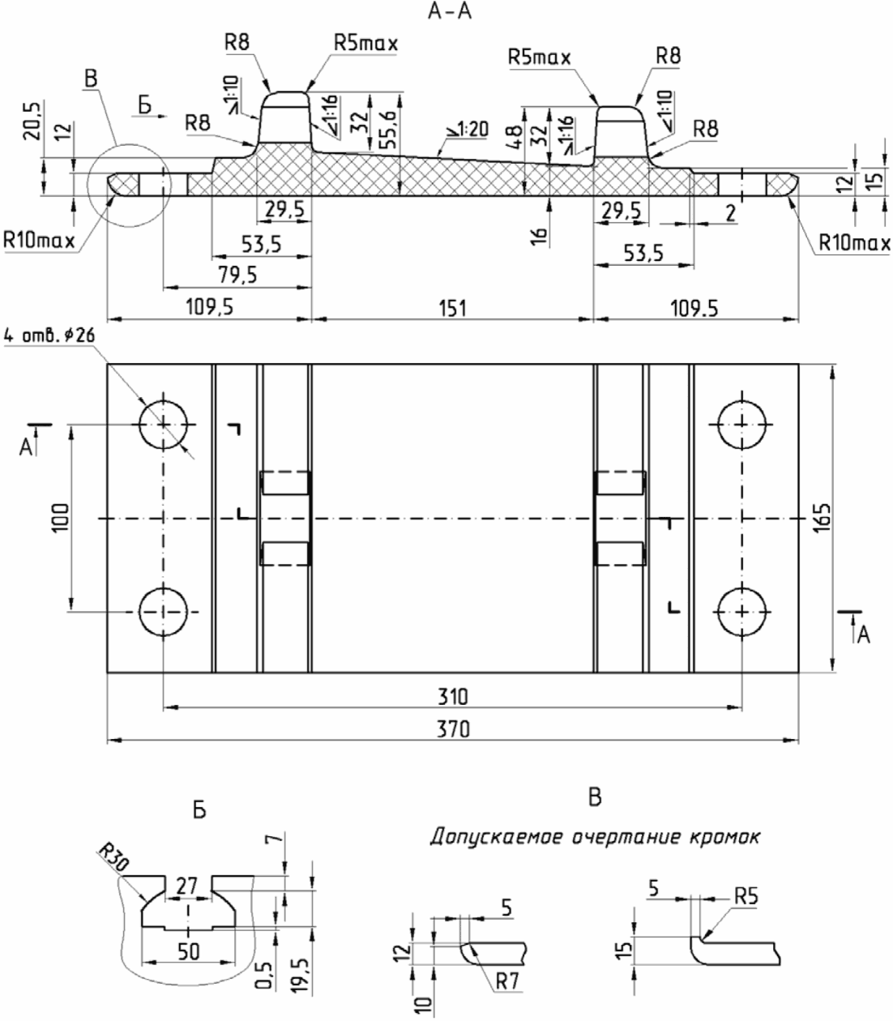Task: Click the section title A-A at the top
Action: click(x=450, y=11)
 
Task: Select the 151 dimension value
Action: click(x=453, y=309)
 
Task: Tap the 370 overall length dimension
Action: click(x=453, y=729)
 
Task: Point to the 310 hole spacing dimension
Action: click(x=453, y=697)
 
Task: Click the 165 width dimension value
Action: click(x=822, y=518)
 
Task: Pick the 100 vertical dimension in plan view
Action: click(x=60, y=518)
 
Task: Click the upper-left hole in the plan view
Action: click(x=163, y=425)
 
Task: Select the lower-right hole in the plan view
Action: click(x=741, y=612)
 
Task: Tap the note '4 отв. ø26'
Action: click(x=49, y=335)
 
